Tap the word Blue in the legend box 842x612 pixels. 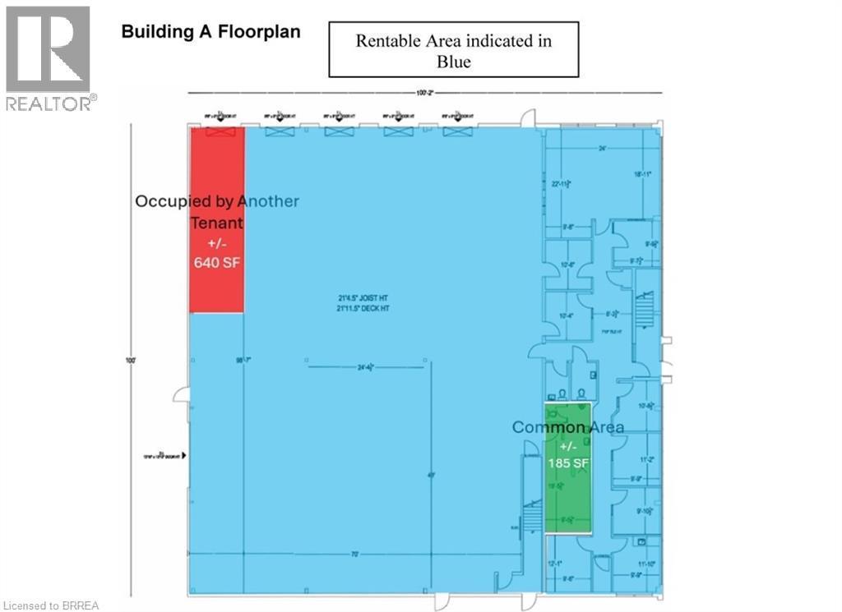tap(455, 62)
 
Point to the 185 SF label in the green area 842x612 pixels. tap(567, 462)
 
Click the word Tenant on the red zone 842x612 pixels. tap(217, 223)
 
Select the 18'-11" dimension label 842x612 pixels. tap(642, 175)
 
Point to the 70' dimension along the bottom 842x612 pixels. tap(354, 554)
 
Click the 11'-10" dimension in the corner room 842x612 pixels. tap(644, 564)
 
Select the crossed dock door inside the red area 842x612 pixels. tap(220, 132)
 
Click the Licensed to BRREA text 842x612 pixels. tap(50, 606)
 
